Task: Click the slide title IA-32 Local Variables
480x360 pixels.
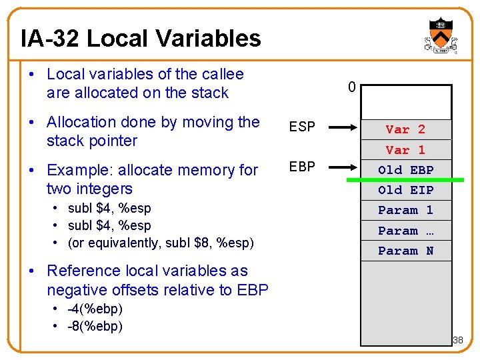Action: (x=141, y=39)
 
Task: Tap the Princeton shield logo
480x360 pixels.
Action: (x=441, y=37)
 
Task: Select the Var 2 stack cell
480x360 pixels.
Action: (x=405, y=129)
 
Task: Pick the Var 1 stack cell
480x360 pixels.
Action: (x=405, y=150)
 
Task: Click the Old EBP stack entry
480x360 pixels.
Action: (x=405, y=170)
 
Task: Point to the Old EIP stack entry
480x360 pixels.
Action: (x=405, y=191)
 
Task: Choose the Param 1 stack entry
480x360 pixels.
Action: (x=405, y=211)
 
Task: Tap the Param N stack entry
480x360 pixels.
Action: (x=405, y=251)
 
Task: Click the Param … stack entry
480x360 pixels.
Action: (x=405, y=231)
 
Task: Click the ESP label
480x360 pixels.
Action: (x=301, y=127)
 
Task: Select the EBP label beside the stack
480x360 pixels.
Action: (x=301, y=166)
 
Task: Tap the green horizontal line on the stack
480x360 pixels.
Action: (x=405, y=180)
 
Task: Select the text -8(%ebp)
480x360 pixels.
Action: (x=95, y=327)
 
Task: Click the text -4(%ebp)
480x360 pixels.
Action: (x=95, y=310)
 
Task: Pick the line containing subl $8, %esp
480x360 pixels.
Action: (x=161, y=243)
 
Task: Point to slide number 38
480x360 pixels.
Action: (x=457, y=341)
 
